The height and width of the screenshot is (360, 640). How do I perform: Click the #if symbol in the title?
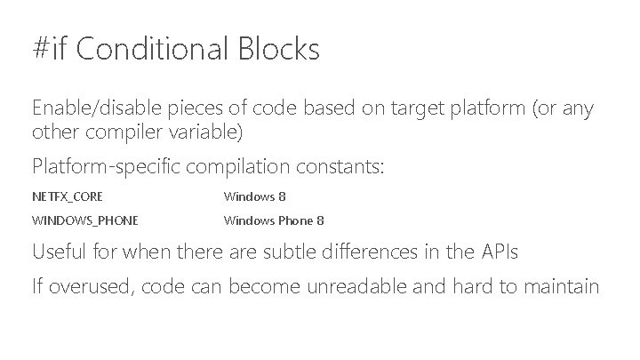click(x=50, y=49)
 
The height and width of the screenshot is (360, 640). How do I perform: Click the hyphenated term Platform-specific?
click(x=98, y=166)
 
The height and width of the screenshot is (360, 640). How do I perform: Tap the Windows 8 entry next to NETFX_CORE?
click(x=254, y=196)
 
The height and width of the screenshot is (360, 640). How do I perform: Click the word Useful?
click(x=59, y=252)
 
